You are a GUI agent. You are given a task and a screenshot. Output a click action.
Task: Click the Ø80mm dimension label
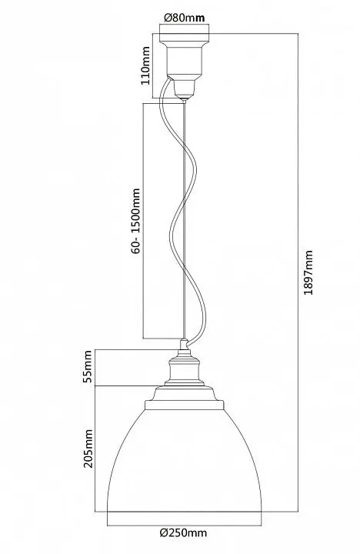coord(185,17)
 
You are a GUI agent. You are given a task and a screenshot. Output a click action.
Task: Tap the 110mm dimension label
coord(145,65)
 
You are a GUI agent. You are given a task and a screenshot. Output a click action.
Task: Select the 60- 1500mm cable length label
coord(135,221)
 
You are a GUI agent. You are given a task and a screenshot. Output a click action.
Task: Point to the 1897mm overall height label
coord(308,272)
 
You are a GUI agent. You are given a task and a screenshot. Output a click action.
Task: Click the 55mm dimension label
coord(87,366)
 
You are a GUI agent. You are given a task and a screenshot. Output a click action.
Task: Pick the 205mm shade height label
coord(88,449)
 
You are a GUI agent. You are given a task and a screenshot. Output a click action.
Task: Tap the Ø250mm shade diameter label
coord(183,532)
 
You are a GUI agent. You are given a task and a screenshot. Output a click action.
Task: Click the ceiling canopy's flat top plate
coord(185,38)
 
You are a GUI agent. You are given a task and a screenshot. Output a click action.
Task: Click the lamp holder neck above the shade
coord(184,369)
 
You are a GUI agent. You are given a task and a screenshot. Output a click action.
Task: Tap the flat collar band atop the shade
coord(185,405)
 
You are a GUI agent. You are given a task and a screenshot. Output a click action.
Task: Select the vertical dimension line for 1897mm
coord(298,272)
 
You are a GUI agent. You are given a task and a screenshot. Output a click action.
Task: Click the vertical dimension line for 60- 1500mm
coord(143,221)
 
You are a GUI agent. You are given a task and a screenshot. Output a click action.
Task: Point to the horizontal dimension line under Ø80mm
coord(185,24)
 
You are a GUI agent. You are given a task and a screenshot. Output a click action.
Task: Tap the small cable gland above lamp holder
coord(184,344)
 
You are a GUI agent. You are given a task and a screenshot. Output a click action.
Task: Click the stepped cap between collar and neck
coord(184,393)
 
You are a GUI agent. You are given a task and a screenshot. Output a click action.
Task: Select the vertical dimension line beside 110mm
coord(152,65)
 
